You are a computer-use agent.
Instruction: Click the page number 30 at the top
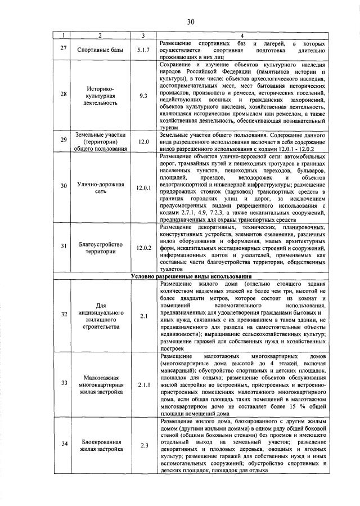[x=191, y=22]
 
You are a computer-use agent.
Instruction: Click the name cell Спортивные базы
[x=100, y=51]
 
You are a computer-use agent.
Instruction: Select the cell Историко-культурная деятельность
[x=100, y=96]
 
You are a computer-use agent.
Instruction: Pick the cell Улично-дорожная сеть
[x=100, y=187]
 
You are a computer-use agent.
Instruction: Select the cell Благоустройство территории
[x=100, y=248]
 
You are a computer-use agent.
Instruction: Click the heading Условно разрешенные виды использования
[x=191, y=276]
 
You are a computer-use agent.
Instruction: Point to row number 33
[x=64, y=383]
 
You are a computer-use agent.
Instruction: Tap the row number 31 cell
[x=64, y=248]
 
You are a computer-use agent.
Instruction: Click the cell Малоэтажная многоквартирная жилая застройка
[x=100, y=384]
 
